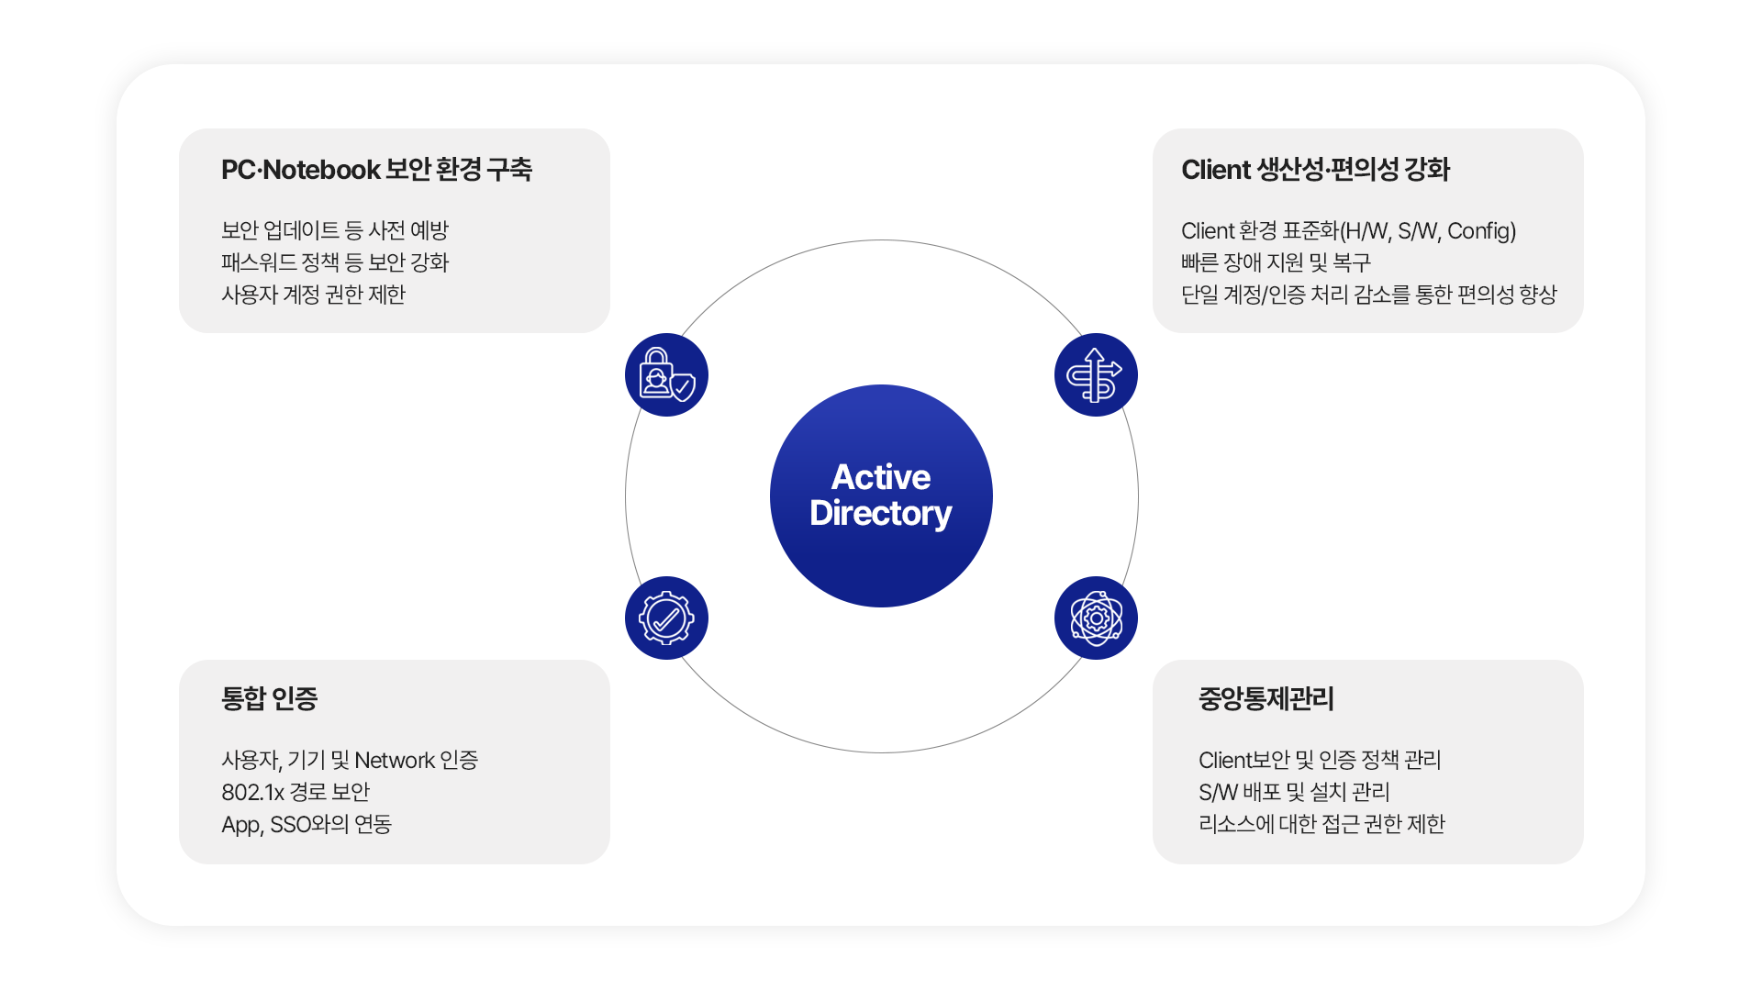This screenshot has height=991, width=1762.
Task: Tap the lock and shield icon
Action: [x=666, y=374]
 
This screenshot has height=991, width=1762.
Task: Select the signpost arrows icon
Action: [x=1096, y=374]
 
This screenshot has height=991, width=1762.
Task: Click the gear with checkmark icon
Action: [x=666, y=618]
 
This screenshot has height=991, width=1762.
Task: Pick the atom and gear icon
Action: [x=1096, y=618]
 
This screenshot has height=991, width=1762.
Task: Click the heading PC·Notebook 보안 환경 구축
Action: [x=376, y=170]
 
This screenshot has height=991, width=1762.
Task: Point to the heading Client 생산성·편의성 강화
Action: [x=1315, y=170]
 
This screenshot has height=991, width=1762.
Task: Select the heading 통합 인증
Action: [x=269, y=699]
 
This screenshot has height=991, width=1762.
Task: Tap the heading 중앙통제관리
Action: [x=1266, y=699]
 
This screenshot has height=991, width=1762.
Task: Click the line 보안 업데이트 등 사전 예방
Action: [x=335, y=230]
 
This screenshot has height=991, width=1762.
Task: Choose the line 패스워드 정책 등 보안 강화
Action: [x=335, y=262]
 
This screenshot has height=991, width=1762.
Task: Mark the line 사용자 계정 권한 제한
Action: [x=313, y=295]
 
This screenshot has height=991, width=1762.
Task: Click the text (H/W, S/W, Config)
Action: [x=1428, y=231]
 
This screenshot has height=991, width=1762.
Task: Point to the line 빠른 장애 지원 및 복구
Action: [x=1276, y=262]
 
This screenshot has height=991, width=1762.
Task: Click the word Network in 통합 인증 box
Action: [x=395, y=761]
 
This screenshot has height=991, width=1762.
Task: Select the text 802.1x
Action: [x=252, y=792]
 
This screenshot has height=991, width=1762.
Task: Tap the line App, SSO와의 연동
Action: [x=307, y=824]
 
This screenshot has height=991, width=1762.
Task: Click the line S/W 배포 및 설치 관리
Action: [x=1294, y=792]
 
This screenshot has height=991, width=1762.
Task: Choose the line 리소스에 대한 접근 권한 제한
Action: [x=1321, y=824]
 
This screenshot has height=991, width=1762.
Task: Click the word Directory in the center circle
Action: [x=881, y=514]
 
